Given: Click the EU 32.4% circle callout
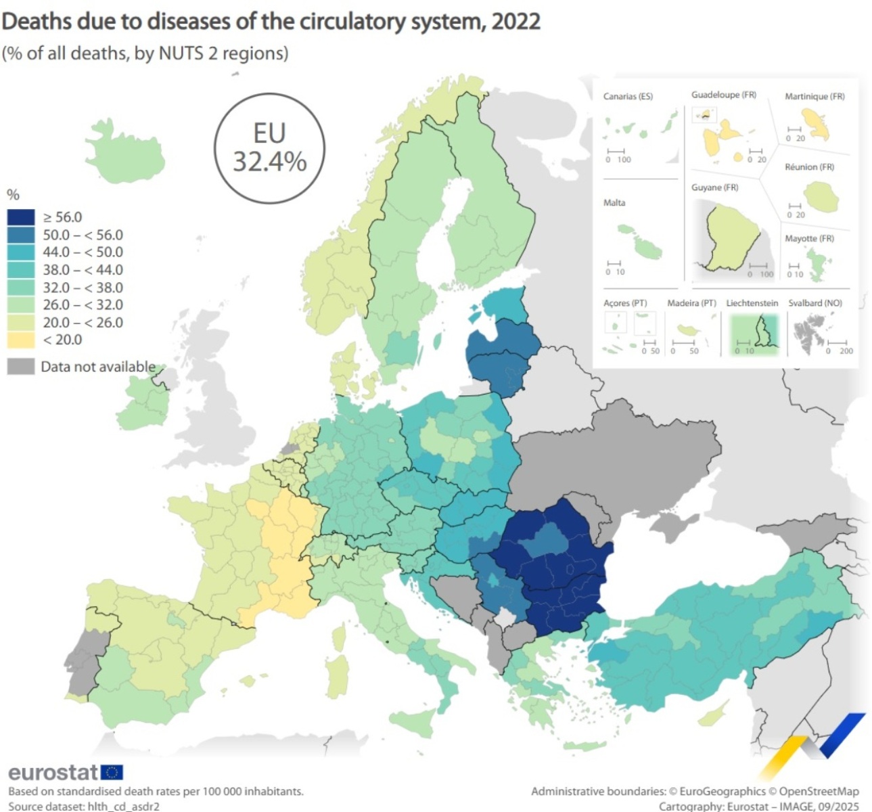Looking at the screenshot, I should click(x=269, y=148).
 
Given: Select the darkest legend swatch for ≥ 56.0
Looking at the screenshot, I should click(x=20, y=217).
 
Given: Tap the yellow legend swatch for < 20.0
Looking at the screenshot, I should click(x=20, y=340).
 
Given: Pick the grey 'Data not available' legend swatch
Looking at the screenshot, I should click(x=20, y=367).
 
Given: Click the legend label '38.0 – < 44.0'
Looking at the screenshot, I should click(x=83, y=269).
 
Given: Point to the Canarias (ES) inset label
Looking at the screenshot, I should click(x=628, y=96).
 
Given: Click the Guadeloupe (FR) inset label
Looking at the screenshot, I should click(x=723, y=95).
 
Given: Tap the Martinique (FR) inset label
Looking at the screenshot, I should click(x=814, y=96).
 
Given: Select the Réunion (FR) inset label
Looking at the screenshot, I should click(x=809, y=166).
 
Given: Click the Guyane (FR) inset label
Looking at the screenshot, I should click(x=714, y=187).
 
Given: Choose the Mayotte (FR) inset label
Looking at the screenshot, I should click(x=809, y=238).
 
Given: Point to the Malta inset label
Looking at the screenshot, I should click(x=614, y=202).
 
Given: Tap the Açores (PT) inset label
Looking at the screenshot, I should click(x=625, y=303).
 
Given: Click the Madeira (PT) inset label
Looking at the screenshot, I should click(x=691, y=303).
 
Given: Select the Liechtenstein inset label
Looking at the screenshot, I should click(x=752, y=303).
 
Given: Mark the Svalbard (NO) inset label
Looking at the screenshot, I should click(x=814, y=303).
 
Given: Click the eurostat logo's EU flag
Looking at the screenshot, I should click(x=112, y=772).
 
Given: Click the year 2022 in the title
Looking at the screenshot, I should click(x=515, y=22).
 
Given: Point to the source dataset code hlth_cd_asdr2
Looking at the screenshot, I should click(x=123, y=806).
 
